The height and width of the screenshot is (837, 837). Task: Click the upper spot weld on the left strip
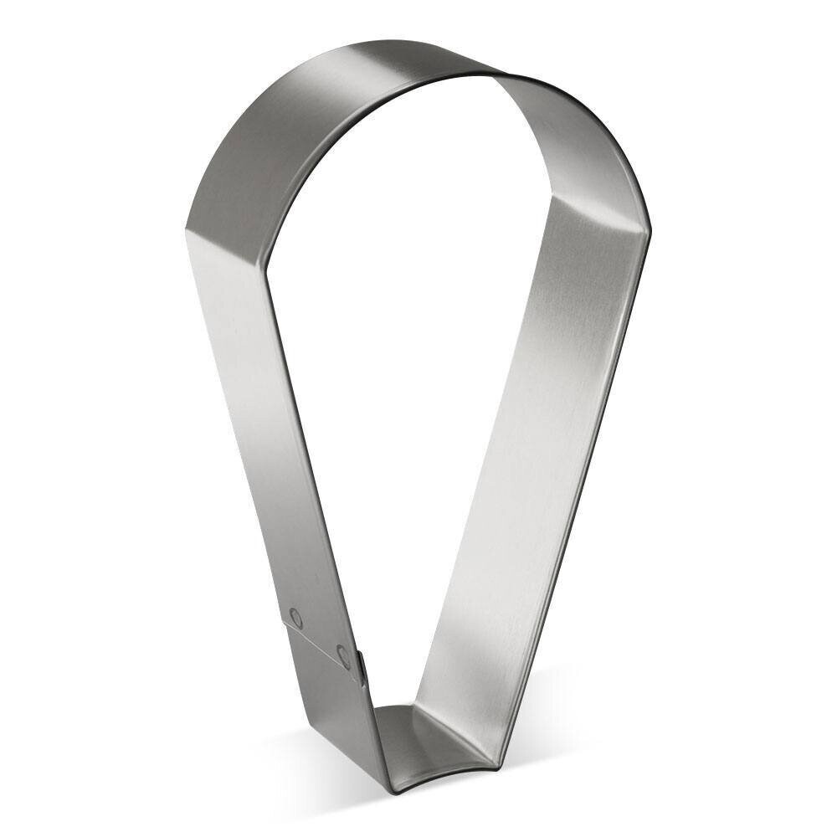tap(295, 618)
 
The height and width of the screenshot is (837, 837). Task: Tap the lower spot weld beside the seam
tap(343, 652)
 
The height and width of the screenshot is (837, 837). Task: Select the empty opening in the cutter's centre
tap(402, 377)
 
